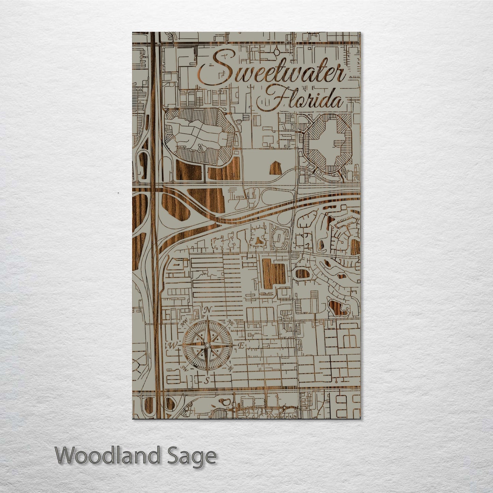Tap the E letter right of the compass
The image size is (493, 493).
[241, 346]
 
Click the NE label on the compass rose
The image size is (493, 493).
[230, 322]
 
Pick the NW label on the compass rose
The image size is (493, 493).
[184, 322]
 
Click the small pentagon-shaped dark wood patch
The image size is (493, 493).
[276, 168]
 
